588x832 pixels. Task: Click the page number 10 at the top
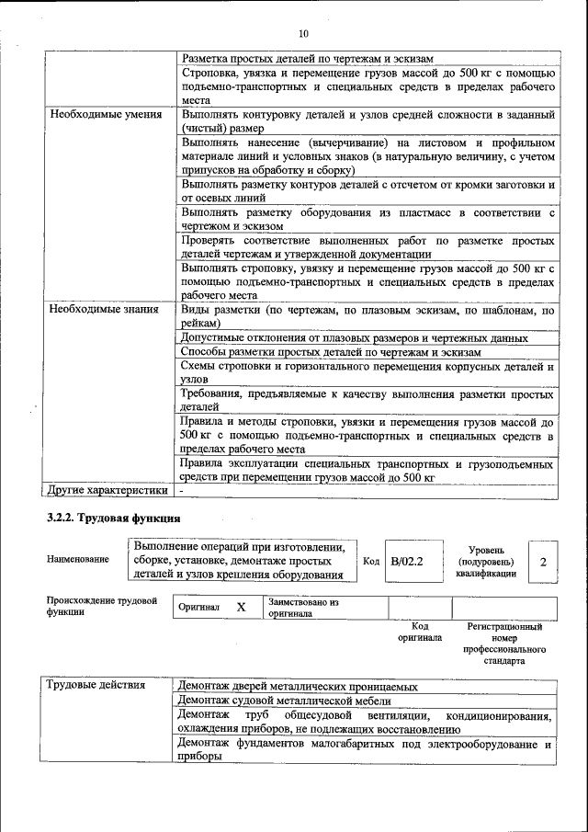[303, 34]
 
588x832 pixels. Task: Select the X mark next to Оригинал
[241, 608]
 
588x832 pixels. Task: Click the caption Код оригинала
[419, 632]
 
